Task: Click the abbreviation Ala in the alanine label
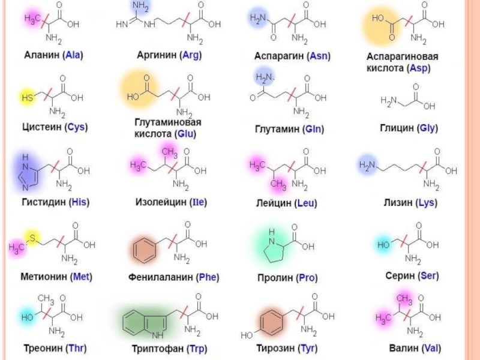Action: coord(73,55)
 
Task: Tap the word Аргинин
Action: coord(157,55)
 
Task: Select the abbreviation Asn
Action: coord(319,56)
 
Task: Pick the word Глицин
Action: coord(397,128)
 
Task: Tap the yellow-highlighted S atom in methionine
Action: coord(31,238)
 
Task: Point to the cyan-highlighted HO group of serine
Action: coord(383,245)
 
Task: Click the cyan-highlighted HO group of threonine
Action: coord(27,316)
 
